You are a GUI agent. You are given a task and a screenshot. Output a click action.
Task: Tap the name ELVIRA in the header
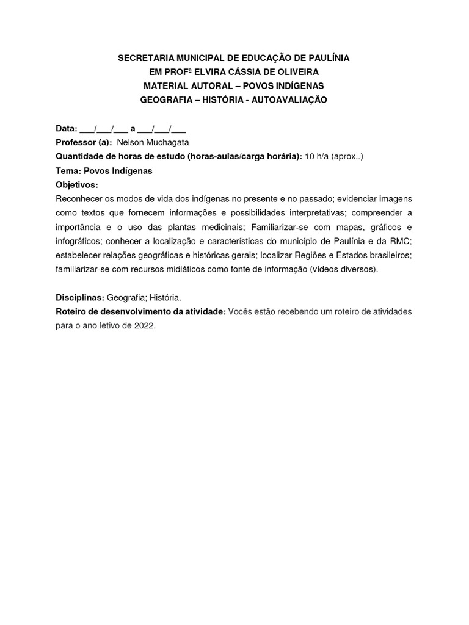pyautogui.click(x=210, y=72)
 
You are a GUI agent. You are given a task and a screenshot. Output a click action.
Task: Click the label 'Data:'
pyautogui.click(x=67, y=129)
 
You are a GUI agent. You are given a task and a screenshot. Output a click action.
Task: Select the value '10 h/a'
pyautogui.click(x=317, y=157)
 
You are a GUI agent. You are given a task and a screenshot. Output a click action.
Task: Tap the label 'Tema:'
pyautogui.click(x=68, y=171)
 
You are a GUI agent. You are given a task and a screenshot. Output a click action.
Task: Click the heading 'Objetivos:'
pyautogui.click(x=76, y=185)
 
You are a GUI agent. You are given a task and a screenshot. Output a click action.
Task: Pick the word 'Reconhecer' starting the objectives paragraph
pyautogui.click(x=80, y=199)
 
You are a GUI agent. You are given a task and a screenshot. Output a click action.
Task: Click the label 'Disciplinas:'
pyautogui.click(x=79, y=298)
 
